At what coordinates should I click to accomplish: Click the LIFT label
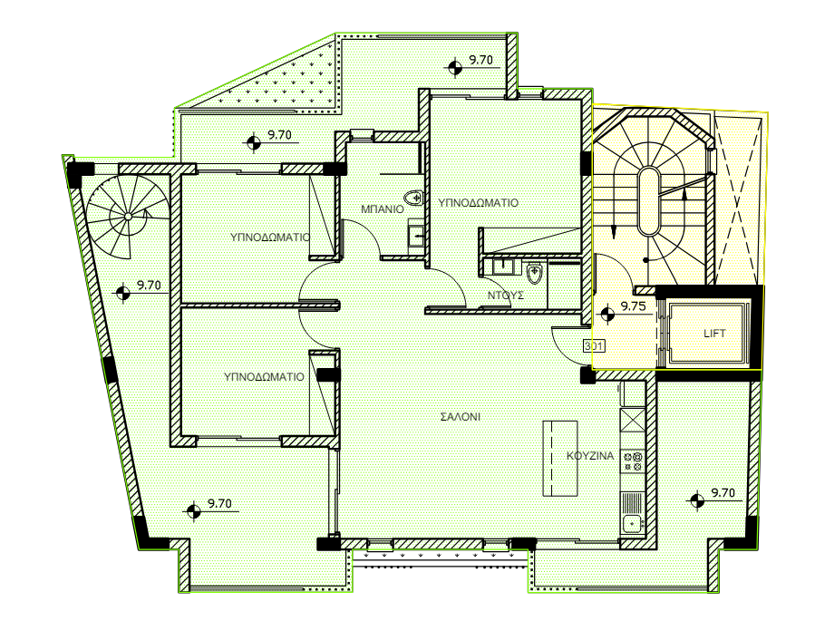tap(714, 334)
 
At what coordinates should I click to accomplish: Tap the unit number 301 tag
tap(594, 345)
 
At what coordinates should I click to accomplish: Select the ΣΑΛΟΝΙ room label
tap(461, 416)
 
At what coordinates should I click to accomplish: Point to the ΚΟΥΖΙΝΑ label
tap(590, 456)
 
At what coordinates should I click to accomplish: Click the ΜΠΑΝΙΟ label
tap(382, 209)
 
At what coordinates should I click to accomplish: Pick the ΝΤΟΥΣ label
tap(505, 296)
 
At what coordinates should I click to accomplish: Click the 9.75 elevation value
tap(633, 306)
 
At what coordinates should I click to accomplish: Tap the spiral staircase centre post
tap(128, 216)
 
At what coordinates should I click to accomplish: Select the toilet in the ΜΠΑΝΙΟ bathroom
tap(413, 198)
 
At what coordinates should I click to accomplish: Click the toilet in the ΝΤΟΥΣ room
tap(534, 274)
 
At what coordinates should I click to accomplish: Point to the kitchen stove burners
tap(633, 461)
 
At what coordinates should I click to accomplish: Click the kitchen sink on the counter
tap(632, 523)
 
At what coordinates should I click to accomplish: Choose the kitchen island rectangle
tap(560, 458)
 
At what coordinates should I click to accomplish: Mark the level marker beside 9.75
tap(607, 315)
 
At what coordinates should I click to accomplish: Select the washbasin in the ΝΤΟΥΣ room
tap(502, 267)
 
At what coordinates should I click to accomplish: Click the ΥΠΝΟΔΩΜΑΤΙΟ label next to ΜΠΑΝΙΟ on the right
tap(478, 203)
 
